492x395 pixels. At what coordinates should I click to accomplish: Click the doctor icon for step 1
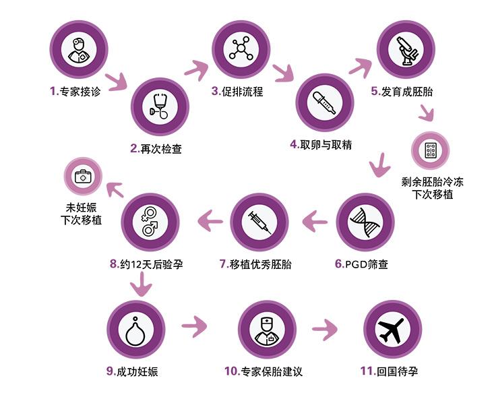click(79, 50)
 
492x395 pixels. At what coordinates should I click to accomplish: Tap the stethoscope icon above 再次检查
click(160, 106)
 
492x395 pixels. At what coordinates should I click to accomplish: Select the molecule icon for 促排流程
click(241, 49)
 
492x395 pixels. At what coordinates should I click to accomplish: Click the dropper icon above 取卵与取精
click(324, 102)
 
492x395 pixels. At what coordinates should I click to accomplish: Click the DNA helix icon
click(365, 222)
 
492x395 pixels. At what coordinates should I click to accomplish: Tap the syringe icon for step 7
click(259, 222)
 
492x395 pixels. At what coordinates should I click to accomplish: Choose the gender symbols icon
click(150, 222)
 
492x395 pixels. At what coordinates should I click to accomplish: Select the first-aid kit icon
click(83, 177)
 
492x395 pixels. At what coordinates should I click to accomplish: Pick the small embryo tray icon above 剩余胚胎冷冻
click(430, 150)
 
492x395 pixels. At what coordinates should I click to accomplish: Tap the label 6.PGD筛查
click(361, 264)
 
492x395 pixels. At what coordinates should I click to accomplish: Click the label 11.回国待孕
click(389, 371)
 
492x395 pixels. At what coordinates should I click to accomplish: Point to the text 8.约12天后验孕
click(146, 264)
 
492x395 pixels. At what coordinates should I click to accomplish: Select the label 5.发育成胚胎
click(402, 91)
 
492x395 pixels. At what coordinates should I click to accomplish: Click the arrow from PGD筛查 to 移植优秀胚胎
click(315, 221)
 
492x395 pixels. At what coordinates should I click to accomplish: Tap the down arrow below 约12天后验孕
click(141, 284)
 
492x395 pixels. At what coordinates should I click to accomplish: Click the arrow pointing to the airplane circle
click(325, 330)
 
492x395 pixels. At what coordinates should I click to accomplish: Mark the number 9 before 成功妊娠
click(110, 371)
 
